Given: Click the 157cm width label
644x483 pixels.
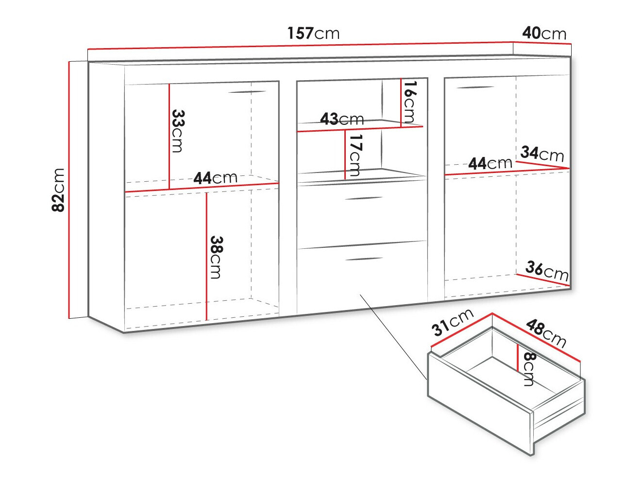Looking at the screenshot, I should [x=313, y=33].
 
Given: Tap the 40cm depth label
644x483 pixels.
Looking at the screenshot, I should [x=544, y=33].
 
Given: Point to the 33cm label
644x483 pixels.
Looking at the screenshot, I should [x=178, y=131].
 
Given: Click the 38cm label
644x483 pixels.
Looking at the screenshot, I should [x=216, y=257].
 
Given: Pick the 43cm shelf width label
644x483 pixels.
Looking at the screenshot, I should [x=342, y=119].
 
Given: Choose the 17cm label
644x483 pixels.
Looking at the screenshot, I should [x=356, y=155].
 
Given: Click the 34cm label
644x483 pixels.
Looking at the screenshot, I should [x=542, y=154].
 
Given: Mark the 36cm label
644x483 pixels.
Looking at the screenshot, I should [x=547, y=271].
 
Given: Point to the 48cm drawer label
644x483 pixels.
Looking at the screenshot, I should [x=546, y=333].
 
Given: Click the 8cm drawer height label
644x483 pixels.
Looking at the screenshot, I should [x=529, y=369].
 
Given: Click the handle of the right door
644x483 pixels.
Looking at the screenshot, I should [x=475, y=88].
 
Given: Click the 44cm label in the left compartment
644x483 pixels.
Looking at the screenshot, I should [x=215, y=178].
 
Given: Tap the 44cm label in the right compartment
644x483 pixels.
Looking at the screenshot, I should [x=490, y=163].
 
